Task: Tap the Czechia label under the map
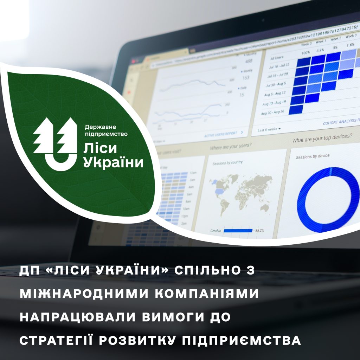coord(216,231)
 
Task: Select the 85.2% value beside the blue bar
coord(259,231)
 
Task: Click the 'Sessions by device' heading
coord(313,156)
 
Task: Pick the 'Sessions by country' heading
coord(228,163)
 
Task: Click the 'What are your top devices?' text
coord(322,138)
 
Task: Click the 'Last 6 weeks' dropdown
coord(269,129)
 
